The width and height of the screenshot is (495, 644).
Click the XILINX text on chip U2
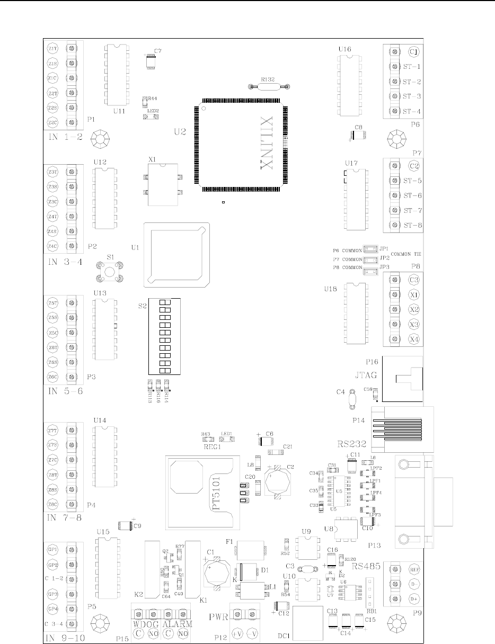click(x=267, y=143)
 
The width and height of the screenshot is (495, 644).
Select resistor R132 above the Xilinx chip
click(x=268, y=86)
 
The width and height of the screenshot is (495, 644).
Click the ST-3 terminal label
click(x=411, y=96)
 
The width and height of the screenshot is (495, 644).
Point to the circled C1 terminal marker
click(x=414, y=52)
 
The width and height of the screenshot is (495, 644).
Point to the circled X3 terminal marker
click(x=414, y=324)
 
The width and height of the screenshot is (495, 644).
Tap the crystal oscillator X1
click(x=162, y=185)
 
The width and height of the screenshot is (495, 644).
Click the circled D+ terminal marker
click(x=414, y=599)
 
